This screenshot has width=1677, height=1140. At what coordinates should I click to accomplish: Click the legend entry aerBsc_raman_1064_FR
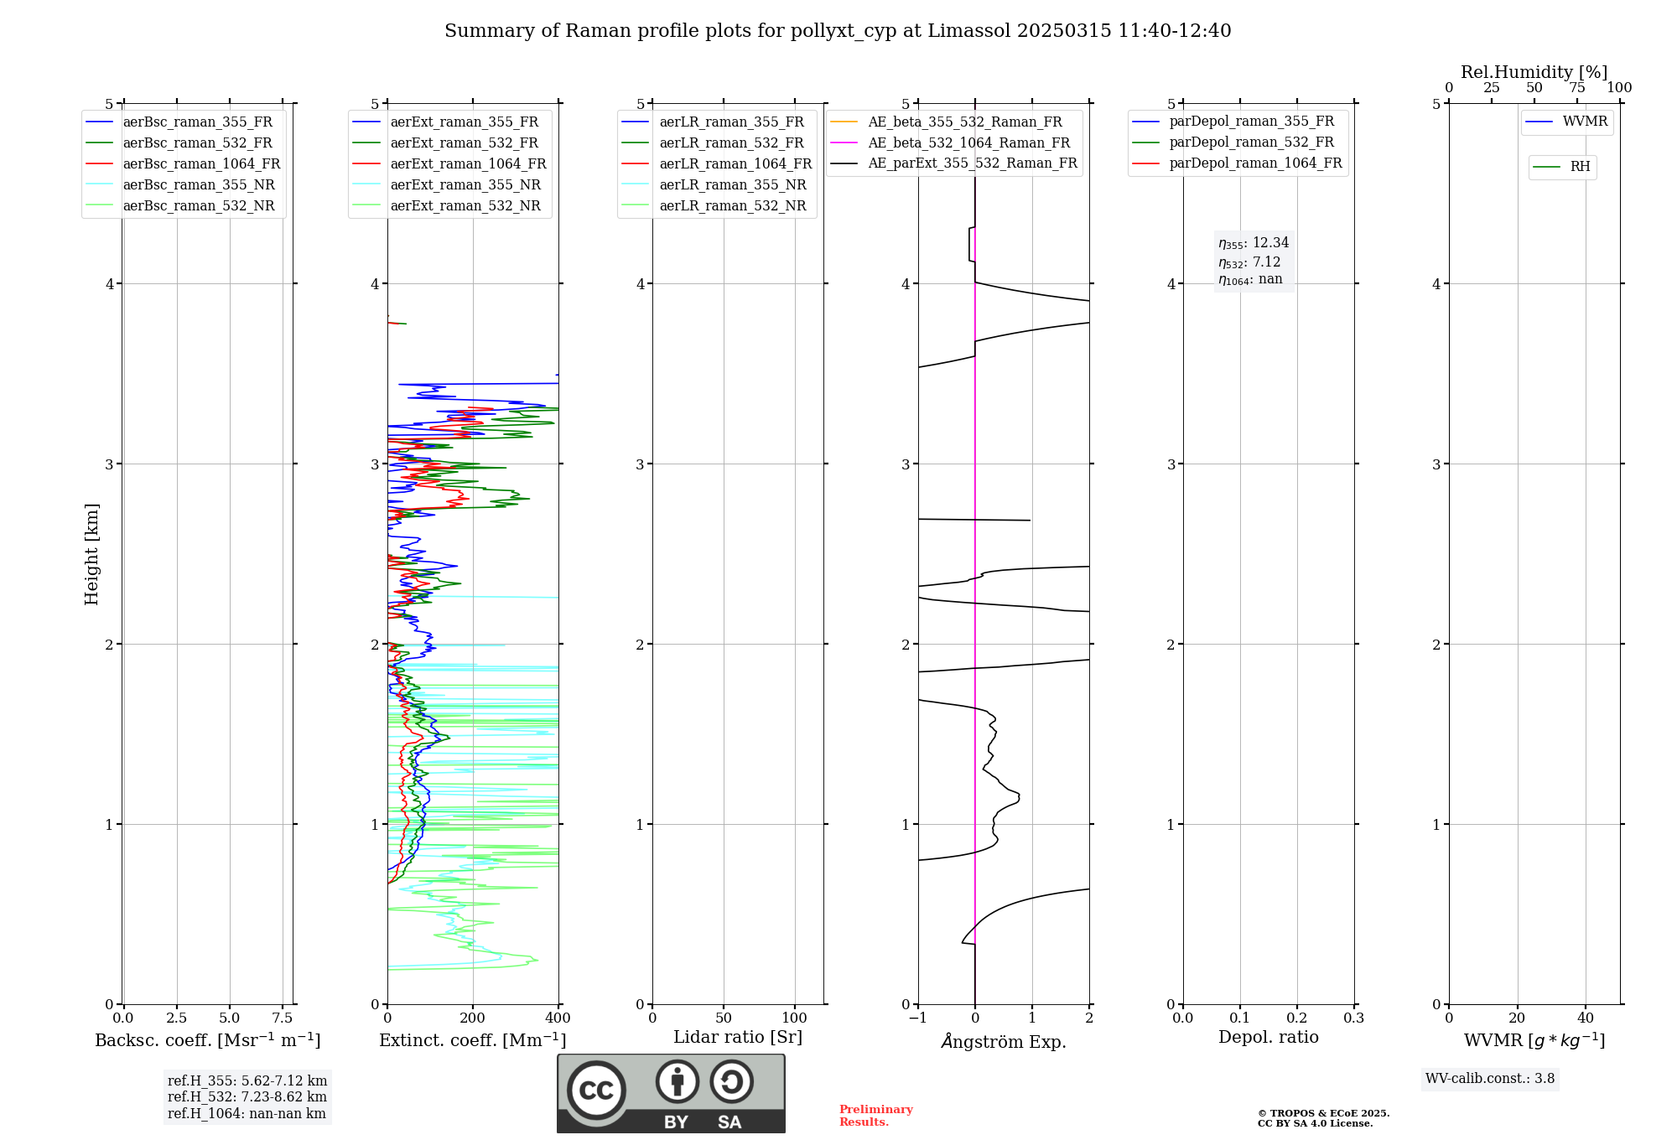[201, 164]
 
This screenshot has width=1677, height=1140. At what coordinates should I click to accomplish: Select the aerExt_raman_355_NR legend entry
[465, 185]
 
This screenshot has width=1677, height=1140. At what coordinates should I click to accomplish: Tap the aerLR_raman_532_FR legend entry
[731, 143]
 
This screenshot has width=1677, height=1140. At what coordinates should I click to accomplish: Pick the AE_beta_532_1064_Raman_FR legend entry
[968, 143]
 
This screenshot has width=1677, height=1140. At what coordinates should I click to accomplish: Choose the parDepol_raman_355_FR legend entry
[1251, 122]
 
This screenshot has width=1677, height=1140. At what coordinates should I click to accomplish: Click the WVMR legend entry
[1585, 122]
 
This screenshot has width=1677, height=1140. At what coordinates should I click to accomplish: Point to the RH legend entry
[1580, 167]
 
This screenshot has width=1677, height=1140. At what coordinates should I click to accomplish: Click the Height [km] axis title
[91, 554]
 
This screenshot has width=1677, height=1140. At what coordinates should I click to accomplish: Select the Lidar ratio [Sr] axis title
[738, 1038]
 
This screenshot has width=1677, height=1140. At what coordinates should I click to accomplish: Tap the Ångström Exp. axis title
[1004, 1042]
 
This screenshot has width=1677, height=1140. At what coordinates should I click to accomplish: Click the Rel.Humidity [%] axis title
[1534, 72]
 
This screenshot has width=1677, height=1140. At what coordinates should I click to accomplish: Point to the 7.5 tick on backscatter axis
[283, 1018]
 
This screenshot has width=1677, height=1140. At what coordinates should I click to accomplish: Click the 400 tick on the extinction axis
[558, 1018]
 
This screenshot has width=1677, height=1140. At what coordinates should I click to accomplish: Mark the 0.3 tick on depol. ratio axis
[1354, 1018]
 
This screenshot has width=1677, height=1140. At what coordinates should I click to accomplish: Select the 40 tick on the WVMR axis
[1586, 1018]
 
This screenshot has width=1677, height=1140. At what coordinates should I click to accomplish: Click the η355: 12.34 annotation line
[1254, 243]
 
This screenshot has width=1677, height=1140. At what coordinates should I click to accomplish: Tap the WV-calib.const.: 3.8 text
[1490, 1079]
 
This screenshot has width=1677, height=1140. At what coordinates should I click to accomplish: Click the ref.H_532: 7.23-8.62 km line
[247, 1097]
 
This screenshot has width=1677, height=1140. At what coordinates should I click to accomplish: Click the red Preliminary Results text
[875, 1116]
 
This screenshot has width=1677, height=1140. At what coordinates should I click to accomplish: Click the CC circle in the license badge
[596, 1091]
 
